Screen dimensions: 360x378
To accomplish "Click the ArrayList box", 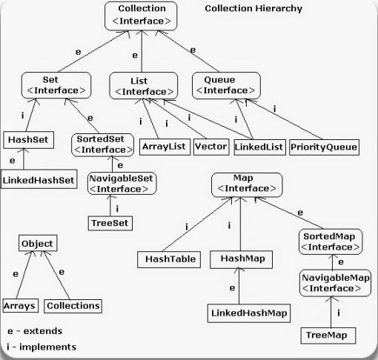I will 165,147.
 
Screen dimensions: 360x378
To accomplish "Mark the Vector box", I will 210,147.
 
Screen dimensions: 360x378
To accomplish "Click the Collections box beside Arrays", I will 73,305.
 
